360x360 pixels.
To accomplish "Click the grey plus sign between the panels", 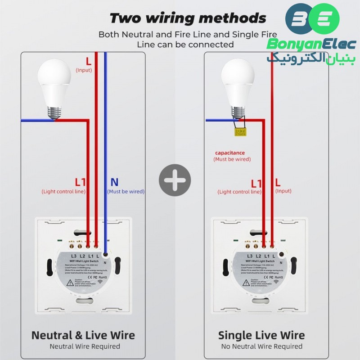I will pyautogui.click(x=175, y=180).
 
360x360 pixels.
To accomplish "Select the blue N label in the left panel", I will pyautogui.click(x=114, y=182).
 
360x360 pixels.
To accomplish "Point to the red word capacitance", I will pyautogui.click(x=229, y=153).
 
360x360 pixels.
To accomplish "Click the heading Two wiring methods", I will pyautogui.click(x=188, y=18).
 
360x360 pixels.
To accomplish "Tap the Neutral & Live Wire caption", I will pyautogui.click(x=83, y=335).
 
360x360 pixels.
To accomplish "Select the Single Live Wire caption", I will pyautogui.click(x=261, y=335).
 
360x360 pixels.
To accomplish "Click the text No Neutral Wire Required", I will pyautogui.click(x=261, y=346).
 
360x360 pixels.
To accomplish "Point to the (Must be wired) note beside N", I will pyautogui.click(x=126, y=191).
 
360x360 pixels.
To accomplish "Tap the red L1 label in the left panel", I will pyautogui.click(x=80, y=182).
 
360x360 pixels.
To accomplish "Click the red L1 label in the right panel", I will pyautogui.click(x=256, y=184).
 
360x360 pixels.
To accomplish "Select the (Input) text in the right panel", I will pyautogui.click(x=283, y=191).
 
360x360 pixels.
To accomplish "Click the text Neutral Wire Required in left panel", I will pyautogui.click(x=85, y=346).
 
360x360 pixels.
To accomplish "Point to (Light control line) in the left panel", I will pyautogui.click(x=63, y=191).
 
